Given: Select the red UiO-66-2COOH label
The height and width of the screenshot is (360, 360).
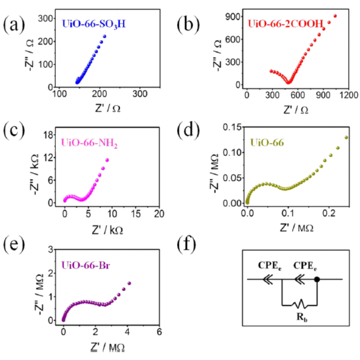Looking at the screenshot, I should pos(283,24).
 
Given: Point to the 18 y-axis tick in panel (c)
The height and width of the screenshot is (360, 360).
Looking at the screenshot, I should pos(49,134).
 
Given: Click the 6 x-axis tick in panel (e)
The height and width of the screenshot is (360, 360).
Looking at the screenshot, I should pos(159,332).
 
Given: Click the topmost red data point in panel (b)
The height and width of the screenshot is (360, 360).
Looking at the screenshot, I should pos(335,16).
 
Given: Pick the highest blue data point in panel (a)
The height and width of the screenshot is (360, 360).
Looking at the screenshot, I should pos(105,36).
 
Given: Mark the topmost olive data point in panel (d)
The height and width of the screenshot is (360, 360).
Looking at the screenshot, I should pos(346,137).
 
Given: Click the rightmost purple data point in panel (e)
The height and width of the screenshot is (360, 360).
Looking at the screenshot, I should pos(129,283).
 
